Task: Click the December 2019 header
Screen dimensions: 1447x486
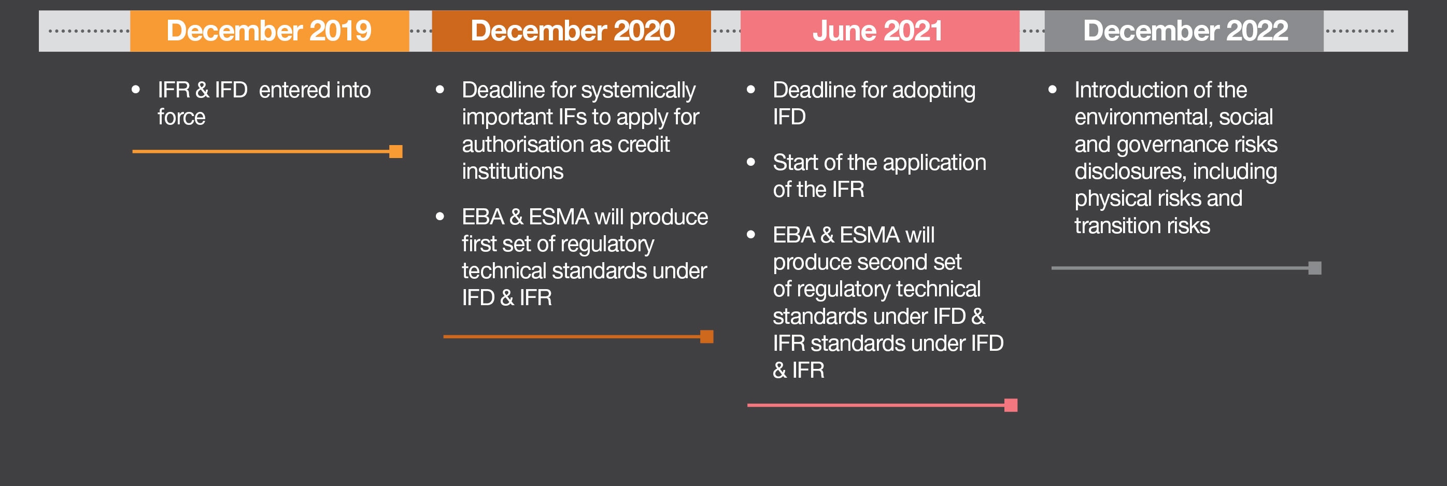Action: tap(269, 31)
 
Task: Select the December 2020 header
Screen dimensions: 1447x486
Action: tap(572, 31)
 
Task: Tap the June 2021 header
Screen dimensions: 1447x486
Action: tap(879, 31)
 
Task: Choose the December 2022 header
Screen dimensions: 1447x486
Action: tap(1184, 31)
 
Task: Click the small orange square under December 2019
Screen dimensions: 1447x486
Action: tap(396, 152)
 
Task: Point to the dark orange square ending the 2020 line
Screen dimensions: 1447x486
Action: tap(706, 337)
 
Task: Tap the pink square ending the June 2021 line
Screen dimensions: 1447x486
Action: tap(1011, 405)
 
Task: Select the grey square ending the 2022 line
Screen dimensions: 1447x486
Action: tap(1315, 268)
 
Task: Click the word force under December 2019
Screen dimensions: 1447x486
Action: tap(181, 117)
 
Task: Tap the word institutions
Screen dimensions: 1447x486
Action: tap(512, 171)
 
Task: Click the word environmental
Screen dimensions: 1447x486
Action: tap(1144, 117)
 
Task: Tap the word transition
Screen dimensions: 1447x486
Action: tap(1118, 226)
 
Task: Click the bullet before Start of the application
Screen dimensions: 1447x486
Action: tap(751, 162)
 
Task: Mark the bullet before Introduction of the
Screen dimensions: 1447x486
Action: tap(1053, 89)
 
